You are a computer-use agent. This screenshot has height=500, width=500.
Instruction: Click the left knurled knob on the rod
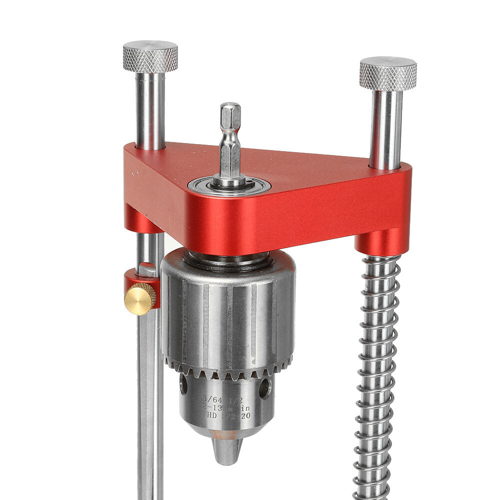(x=150, y=56)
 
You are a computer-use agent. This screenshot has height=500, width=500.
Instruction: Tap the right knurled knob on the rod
(x=387, y=74)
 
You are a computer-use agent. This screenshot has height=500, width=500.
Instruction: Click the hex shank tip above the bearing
(x=230, y=112)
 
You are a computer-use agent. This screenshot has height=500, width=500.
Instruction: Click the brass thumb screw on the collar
(x=140, y=298)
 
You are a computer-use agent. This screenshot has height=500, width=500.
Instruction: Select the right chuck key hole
(x=264, y=388)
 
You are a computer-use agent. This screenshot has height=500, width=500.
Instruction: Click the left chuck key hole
(x=184, y=384)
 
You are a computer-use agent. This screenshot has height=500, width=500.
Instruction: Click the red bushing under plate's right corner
(x=380, y=242)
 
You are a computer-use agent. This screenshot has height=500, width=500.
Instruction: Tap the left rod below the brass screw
(x=149, y=400)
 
